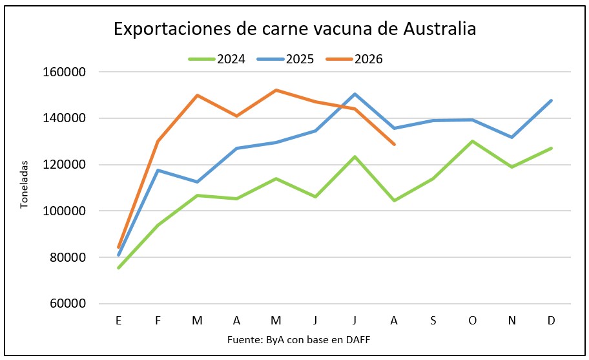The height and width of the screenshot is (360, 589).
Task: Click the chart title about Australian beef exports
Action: pyautogui.click(x=295, y=29)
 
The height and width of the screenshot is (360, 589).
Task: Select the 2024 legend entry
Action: pyautogui.click(x=216, y=59)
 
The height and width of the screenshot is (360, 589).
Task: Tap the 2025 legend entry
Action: pyautogui.click(x=285, y=59)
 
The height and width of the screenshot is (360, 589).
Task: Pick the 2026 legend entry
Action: pyautogui.click(x=354, y=59)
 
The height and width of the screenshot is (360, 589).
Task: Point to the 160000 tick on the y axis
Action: pyautogui.click(x=64, y=72)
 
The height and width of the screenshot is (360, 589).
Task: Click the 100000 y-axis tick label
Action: pyautogui.click(x=64, y=211)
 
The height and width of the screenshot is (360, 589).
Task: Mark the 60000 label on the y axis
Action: pyautogui.click(x=68, y=304)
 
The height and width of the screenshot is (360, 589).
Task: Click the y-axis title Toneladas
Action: pyautogui.click(x=24, y=184)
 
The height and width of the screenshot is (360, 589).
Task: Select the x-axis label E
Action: pyautogui.click(x=119, y=321)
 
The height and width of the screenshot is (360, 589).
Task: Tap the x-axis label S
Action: pyautogui.click(x=433, y=321)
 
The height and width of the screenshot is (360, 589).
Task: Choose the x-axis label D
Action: pyautogui.click(x=551, y=321)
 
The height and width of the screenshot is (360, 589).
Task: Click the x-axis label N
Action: pyautogui.click(x=512, y=321)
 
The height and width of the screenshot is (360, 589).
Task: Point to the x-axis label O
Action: pyautogui.click(x=473, y=321)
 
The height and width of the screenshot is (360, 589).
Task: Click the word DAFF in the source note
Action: pyautogui.click(x=358, y=340)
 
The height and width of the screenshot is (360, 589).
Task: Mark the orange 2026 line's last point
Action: pyautogui.click(x=394, y=144)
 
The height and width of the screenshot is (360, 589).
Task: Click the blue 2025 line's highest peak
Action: pyautogui.click(x=355, y=94)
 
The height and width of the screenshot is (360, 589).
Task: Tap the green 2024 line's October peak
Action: pyautogui.click(x=473, y=142)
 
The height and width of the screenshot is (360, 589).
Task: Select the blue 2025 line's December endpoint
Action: pyautogui.click(x=551, y=101)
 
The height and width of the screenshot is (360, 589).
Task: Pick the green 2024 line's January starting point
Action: pyautogui.click(x=119, y=268)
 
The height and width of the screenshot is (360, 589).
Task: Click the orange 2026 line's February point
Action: pyautogui.click(x=158, y=142)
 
